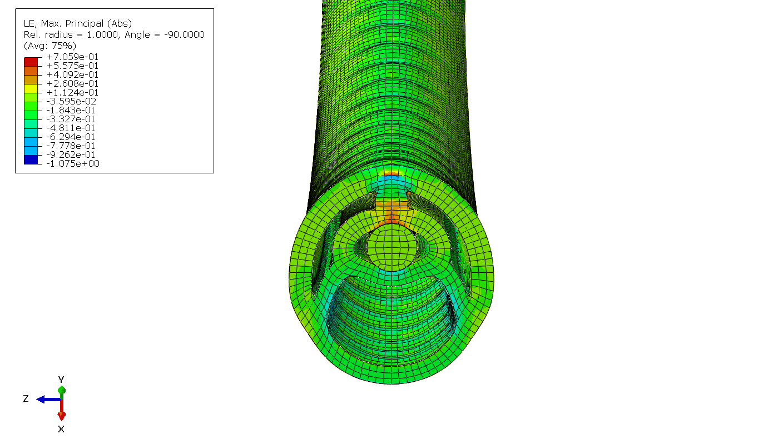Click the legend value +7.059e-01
pyautogui.click(x=72, y=57)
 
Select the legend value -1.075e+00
pyautogui.click(x=72, y=164)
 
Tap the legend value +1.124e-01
pyautogui.click(x=72, y=92)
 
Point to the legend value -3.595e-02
pyautogui.click(x=71, y=101)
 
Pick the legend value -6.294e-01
pyautogui.click(x=71, y=137)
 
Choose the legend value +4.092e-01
pyautogui.click(x=72, y=75)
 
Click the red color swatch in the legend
pyautogui.click(x=31, y=62)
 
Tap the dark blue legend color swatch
pyautogui.click(x=31, y=159)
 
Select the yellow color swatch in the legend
pyautogui.click(x=31, y=88)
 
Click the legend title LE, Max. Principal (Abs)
pyautogui.click(x=78, y=23)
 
